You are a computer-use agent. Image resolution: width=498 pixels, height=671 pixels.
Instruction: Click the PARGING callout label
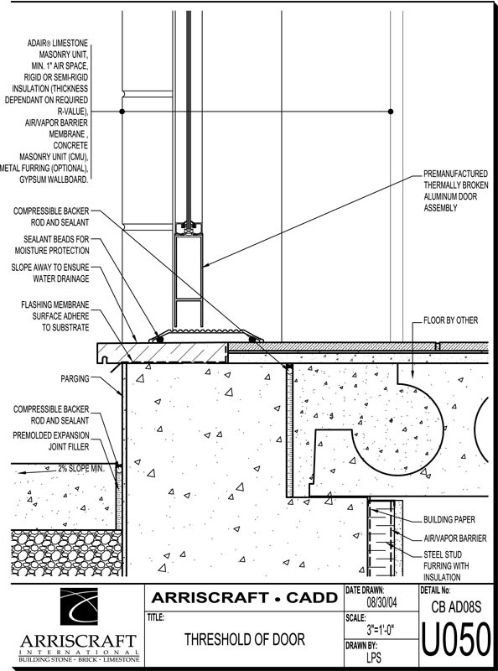75,379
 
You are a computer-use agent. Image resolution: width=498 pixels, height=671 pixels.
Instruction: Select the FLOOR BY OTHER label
450,320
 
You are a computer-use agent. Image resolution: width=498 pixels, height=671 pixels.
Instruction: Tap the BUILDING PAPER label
449,519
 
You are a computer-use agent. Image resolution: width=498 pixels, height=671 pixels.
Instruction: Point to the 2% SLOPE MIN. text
80,469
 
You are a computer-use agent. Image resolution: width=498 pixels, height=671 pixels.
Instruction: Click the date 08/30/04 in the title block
382,603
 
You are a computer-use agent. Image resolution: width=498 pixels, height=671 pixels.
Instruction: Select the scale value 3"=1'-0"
381,630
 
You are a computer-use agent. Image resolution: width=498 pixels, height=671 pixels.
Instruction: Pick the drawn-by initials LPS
374,658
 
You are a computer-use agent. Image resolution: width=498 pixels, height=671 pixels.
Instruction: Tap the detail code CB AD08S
456,607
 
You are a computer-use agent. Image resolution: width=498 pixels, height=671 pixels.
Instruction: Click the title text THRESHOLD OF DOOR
245,640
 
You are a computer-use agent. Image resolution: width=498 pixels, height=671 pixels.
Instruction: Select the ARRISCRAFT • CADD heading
244,598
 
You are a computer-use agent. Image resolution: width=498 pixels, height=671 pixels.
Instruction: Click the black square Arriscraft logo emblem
79,606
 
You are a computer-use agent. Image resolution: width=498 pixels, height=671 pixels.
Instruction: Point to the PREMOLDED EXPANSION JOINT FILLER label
51,441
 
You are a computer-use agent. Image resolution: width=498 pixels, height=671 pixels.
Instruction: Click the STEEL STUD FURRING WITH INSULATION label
446,565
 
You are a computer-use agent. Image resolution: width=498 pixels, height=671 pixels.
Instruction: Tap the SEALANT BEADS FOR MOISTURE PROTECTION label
52,245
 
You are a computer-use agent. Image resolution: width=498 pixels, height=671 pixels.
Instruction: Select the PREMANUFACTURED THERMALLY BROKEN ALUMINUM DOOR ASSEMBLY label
455,191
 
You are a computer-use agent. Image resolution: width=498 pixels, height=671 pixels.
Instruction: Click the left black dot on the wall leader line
122,112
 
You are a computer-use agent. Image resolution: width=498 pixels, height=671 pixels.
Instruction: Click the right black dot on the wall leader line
390,112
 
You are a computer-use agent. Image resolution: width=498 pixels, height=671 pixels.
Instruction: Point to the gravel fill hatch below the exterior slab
66,553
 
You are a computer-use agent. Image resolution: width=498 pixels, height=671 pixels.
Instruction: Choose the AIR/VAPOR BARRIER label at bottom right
454,538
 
